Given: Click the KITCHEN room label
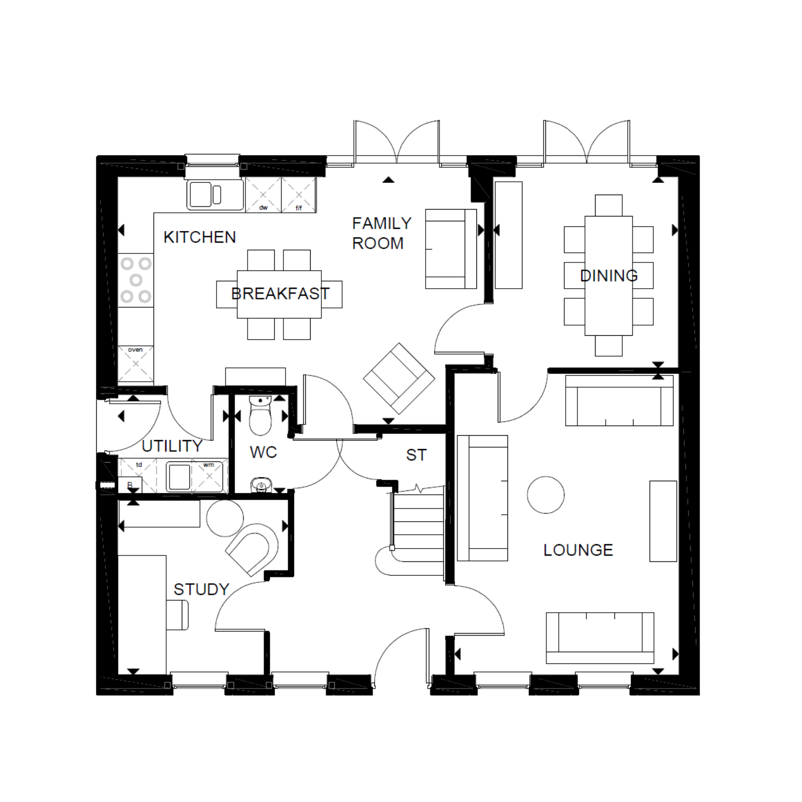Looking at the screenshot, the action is tap(199, 237).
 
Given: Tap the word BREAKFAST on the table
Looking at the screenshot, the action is tap(280, 294).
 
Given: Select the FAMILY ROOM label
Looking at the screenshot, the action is tap(382, 233).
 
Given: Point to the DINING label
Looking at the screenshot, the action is tap(609, 276).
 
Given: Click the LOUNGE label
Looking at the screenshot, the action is tap(578, 550).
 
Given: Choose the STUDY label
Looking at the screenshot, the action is tap(201, 589).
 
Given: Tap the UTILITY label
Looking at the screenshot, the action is tap(172, 446).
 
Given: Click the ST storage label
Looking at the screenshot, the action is tap(417, 455).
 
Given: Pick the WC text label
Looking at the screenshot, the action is tap(263, 452).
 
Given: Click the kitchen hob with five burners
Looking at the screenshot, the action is tap(136, 280).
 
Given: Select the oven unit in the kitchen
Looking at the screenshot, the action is tap(136, 364).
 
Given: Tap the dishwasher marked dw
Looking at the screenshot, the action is tap(263, 195).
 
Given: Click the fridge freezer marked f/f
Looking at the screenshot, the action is tap(299, 195).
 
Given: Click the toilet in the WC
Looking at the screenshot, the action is tap(260, 416).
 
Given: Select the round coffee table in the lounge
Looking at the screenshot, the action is tap(545, 495).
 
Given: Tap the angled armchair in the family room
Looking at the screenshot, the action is tap(399, 378).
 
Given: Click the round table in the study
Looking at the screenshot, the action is tap(225, 518).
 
